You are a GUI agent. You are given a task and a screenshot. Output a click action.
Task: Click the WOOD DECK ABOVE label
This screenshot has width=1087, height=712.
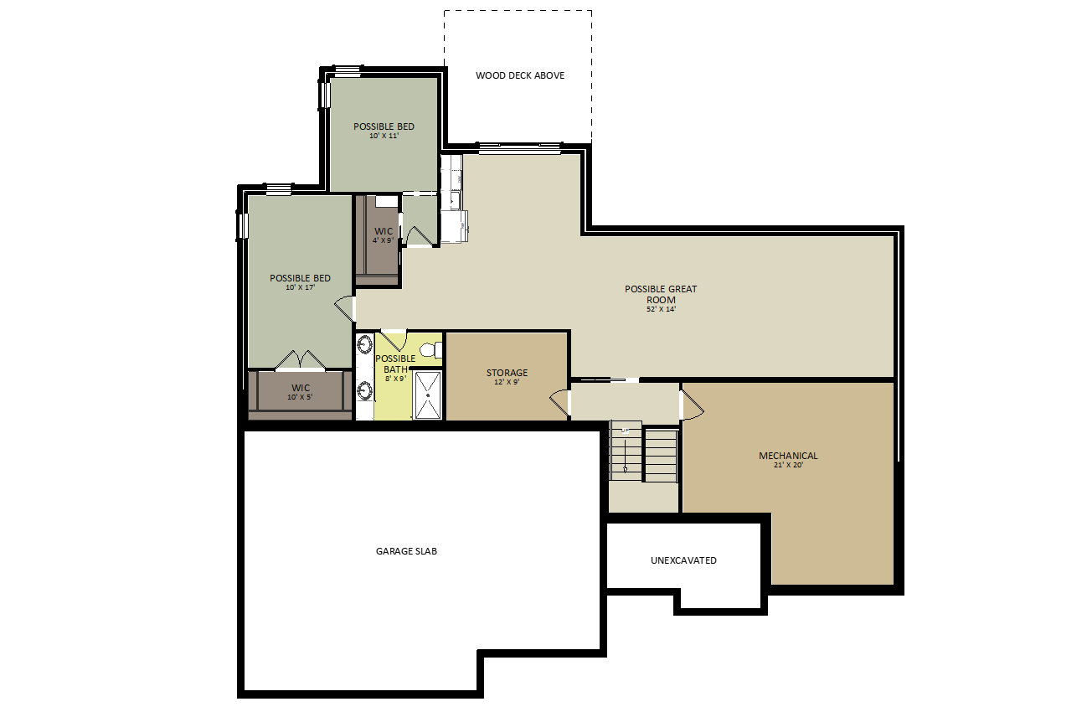coord(520,75)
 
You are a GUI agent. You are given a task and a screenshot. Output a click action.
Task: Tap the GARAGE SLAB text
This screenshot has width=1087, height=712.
coord(406,551)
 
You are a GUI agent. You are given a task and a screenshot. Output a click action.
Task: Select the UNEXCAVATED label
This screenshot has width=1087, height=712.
coord(683,560)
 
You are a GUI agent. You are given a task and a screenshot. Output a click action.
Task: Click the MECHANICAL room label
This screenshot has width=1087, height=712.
coord(788,455)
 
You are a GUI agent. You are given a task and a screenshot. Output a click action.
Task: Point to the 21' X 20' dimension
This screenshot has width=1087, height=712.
coord(789,465)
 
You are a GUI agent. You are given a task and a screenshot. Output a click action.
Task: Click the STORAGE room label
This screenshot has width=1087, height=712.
coord(507,372)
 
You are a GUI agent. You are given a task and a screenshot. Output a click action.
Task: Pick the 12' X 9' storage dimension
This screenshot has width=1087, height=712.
coord(507,382)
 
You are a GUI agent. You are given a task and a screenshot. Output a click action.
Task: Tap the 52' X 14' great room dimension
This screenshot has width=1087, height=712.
coord(661,309)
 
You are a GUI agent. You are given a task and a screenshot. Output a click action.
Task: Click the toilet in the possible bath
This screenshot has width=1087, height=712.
coord(431,350)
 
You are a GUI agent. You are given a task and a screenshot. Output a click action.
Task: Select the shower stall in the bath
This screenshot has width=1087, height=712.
coord(428,395)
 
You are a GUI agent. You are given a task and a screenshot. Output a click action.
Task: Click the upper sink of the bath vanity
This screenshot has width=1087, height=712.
coord(365,344)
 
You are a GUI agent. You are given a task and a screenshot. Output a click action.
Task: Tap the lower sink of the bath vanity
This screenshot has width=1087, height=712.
coord(365,390)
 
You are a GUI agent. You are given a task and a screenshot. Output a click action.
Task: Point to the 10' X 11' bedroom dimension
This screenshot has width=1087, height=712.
coord(384,136)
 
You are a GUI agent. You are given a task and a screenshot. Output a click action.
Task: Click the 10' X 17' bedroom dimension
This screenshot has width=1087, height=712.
coord(301,287)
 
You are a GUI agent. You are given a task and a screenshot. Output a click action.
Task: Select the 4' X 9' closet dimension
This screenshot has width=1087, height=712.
coord(383,240)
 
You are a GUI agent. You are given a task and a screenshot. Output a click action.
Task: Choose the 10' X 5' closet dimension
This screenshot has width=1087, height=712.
coord(300,397)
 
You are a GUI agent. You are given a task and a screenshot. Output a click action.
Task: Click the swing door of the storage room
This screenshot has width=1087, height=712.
coord(560,402)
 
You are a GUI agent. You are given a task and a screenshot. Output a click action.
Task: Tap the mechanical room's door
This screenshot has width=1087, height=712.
coord(693,405)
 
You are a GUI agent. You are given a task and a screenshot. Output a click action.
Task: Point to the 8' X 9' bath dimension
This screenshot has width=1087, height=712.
coord(395,379)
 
